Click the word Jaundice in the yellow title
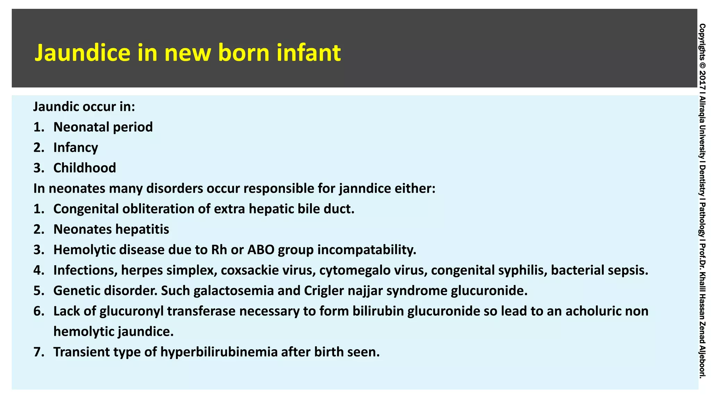[x=82, y=53]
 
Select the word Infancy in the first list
[x=76, y=148]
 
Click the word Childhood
[x=85, y=168]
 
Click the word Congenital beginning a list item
[x=85, y=209]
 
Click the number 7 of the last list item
[x=37, y=352]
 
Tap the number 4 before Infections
[x=37, y=270]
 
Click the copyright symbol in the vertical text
[x=702, y=65]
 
